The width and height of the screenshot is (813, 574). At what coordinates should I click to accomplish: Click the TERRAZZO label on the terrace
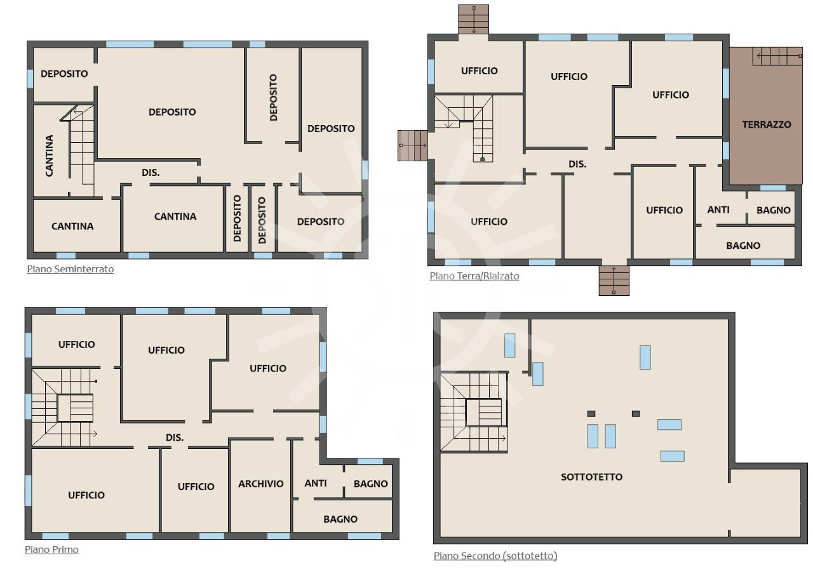[x=766, y=125]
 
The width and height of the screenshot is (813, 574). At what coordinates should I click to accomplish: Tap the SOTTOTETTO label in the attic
[x=591, y=477]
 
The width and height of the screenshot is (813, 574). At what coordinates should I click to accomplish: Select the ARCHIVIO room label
[x=260, y=484]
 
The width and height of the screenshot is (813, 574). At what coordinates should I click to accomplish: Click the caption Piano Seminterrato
[x=71, y=269]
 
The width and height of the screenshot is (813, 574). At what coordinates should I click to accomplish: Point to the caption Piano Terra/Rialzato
[x=474, y=276]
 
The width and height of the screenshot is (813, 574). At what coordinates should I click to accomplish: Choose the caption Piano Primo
[x=51, y=550]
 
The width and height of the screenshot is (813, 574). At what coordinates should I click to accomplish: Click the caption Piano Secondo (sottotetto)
[x=495, y=556]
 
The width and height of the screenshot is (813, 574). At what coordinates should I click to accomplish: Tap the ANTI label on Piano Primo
[x=316, y=483]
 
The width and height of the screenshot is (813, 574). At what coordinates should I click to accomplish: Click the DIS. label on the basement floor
[x=151, y=173]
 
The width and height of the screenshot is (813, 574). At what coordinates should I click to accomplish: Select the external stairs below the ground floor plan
[x=614, y=281]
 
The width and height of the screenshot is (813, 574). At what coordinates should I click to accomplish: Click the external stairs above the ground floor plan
[x=473, y=19]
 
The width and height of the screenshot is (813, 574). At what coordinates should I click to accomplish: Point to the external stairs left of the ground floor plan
[x=413, y=145]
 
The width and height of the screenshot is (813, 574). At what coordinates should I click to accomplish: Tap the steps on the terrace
[x=777, y=57]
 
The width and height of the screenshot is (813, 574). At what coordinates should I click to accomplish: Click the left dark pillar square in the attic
[x=591, y=413]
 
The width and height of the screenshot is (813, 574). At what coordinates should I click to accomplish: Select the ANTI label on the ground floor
[x=718, y=210]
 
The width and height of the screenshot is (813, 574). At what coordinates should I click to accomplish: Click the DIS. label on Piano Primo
[x=175, y=437]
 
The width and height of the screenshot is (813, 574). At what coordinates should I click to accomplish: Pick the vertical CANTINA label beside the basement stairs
[x=50, y=156]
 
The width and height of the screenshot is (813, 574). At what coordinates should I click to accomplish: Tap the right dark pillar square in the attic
[x=636, y=413]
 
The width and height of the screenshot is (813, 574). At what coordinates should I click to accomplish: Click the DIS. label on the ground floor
[x=577, y=164]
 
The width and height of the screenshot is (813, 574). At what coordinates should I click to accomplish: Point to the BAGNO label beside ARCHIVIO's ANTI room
[x=370, y=484]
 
